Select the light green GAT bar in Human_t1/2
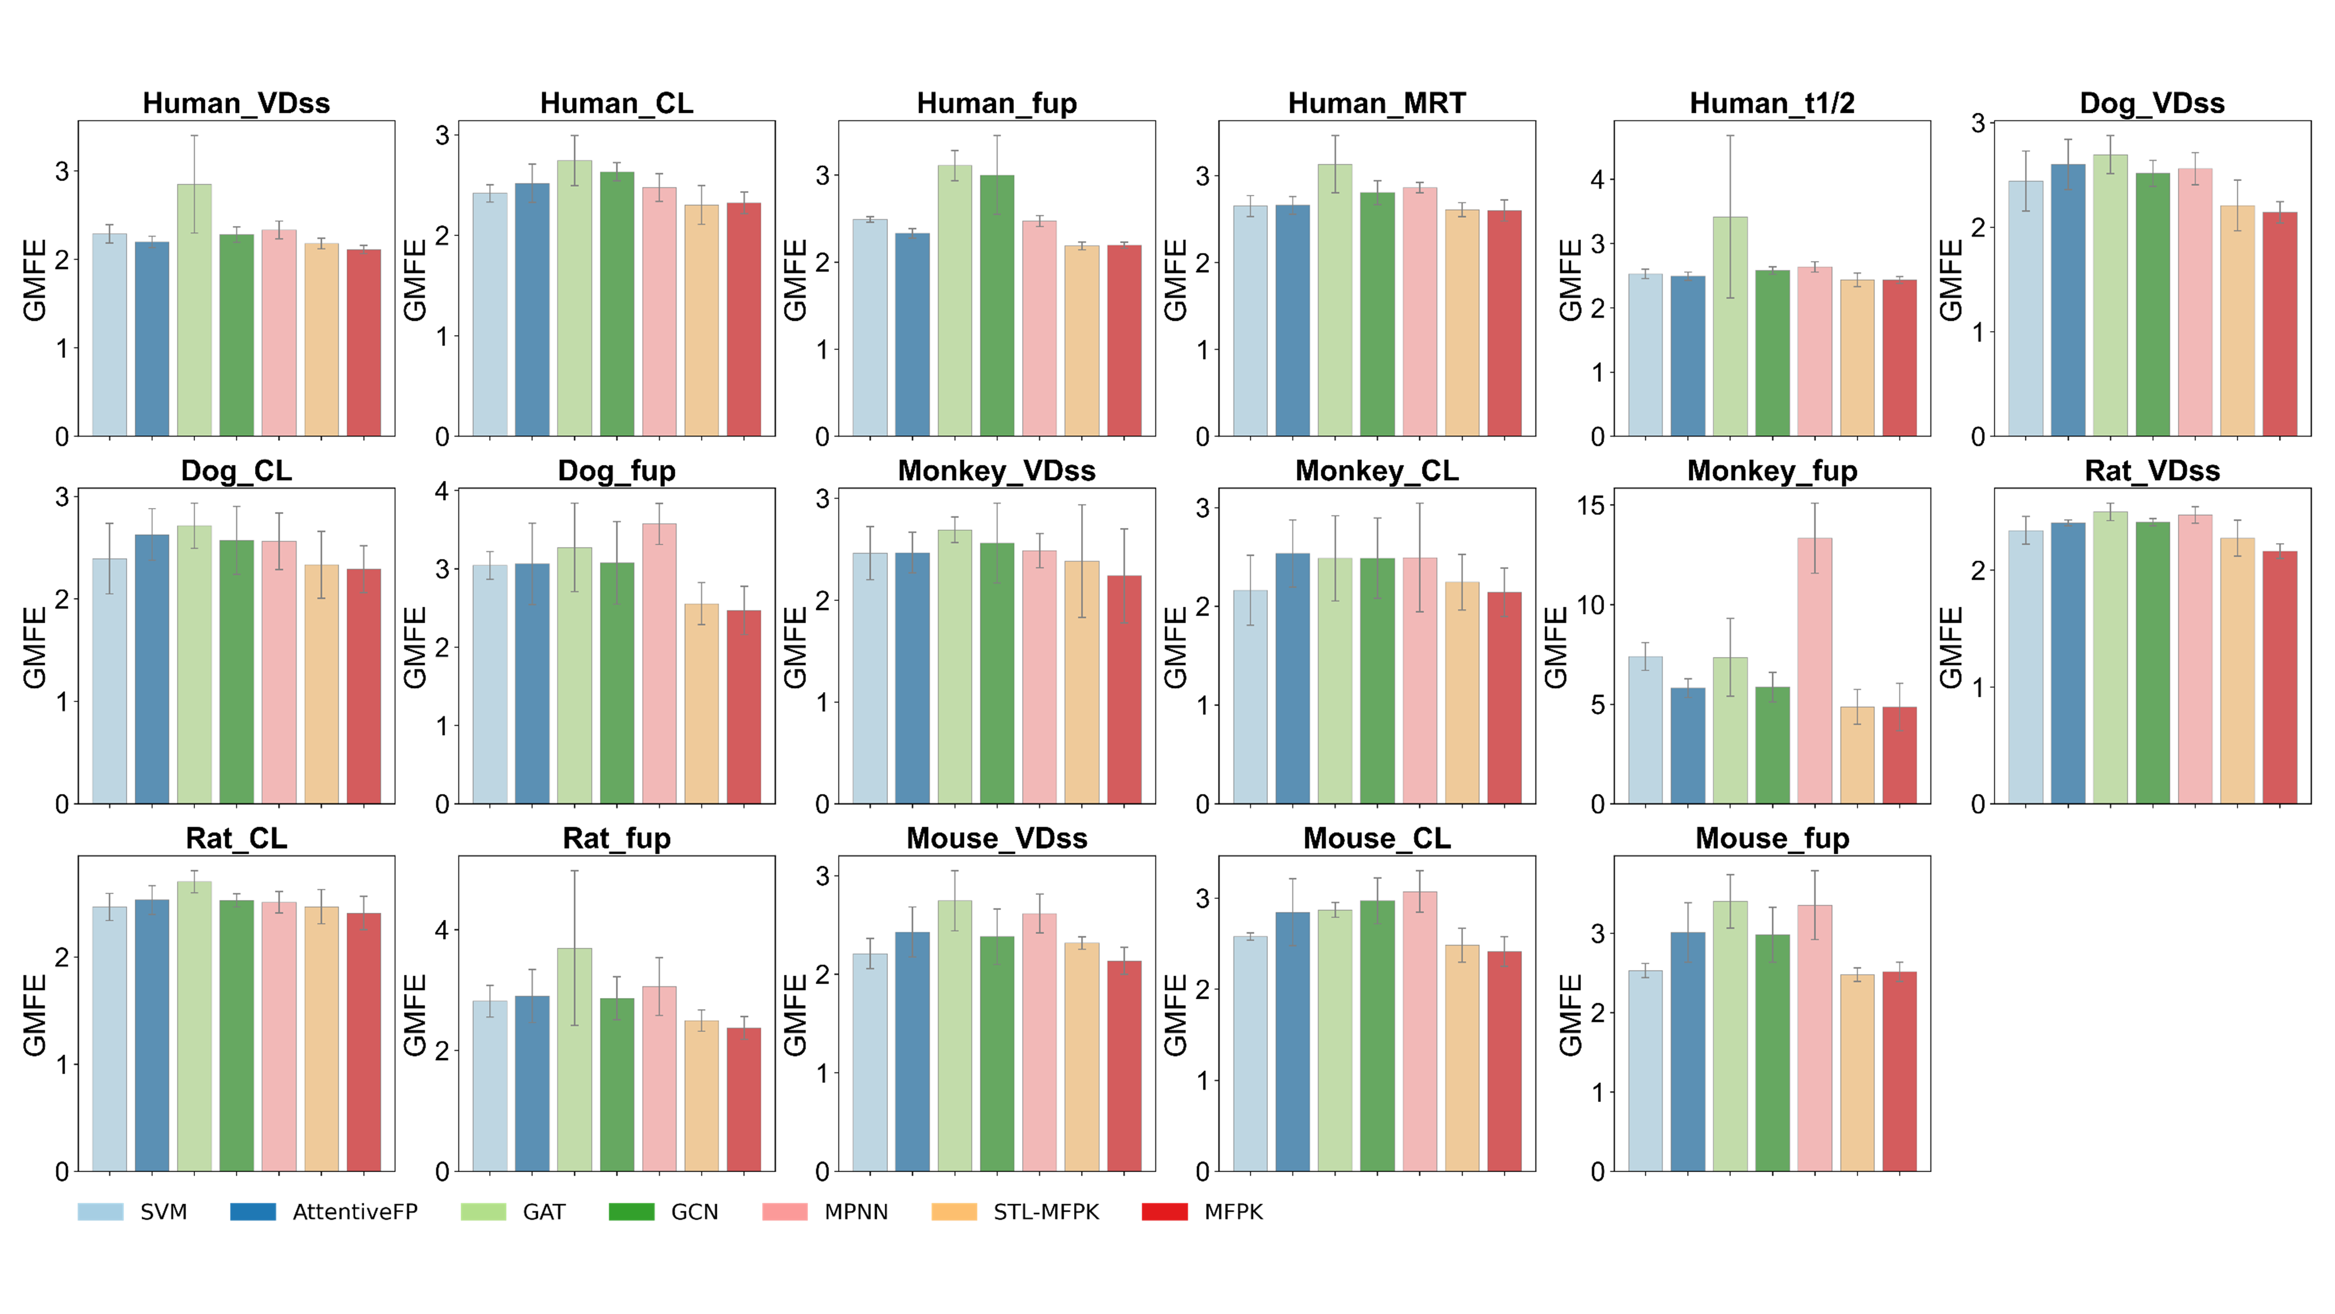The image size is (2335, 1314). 1730,326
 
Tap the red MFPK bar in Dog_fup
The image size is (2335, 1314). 743,707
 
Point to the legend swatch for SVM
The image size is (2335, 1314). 100,1212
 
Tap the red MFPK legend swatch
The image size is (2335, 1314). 1164,1212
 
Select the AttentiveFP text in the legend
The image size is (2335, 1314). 354,1212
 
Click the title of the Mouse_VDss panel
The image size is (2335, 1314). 996,838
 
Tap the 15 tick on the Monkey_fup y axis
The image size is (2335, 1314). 1590,505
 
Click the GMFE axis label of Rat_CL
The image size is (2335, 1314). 34,1015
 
